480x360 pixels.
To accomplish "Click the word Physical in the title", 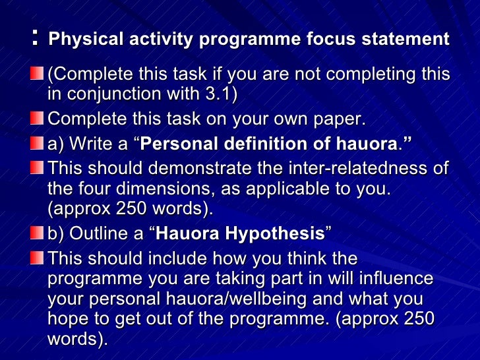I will (78, 40).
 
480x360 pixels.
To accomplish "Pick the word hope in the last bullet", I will (67, 319).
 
